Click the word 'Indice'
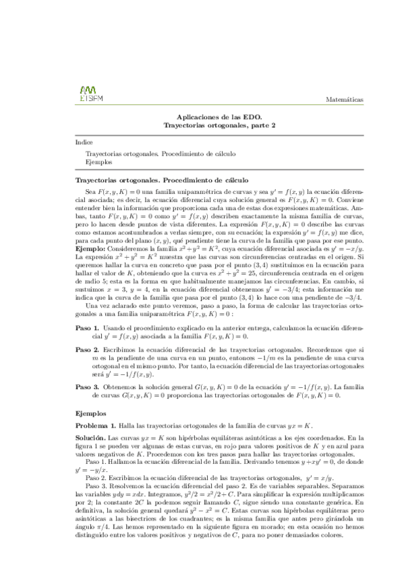(x=84, y=143)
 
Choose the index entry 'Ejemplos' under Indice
(x=99, y=162)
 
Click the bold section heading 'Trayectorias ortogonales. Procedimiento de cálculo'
(x=161, y=180)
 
